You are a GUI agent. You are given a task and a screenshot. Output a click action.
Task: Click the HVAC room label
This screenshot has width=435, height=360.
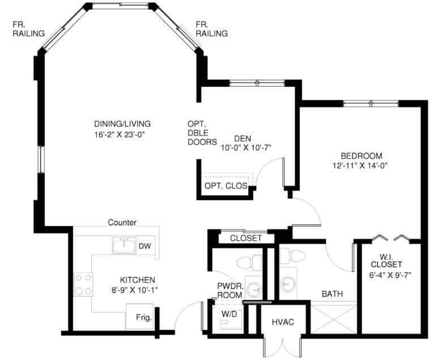(x=283, y=322)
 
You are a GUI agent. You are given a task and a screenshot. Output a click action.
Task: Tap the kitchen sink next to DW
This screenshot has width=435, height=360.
(x=124, y=245)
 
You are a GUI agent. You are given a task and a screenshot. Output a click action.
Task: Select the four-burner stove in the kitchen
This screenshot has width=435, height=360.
(x=83, y=285)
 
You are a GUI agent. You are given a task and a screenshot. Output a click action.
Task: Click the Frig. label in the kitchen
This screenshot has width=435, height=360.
(x=144, y=317)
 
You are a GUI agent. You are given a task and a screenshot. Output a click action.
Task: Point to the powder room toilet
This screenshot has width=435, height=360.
(x=249, y=262)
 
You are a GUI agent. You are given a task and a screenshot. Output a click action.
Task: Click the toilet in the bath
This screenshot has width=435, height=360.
(x=292, y=256)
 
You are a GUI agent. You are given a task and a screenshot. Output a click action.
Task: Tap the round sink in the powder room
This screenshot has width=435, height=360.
(x=254, y=290)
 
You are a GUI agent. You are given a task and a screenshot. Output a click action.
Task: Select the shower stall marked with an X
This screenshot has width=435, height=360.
(x=334, y=319)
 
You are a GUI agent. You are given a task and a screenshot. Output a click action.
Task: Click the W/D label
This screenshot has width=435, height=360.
(x=229, y=314)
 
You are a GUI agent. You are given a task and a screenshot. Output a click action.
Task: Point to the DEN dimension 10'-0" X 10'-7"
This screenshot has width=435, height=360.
(x=246, y=147)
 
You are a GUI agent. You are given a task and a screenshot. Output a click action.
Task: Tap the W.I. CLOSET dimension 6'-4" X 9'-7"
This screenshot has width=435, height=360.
(x=390, y=276)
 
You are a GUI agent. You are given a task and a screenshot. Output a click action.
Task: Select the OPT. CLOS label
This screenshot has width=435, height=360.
(x=226, y=185)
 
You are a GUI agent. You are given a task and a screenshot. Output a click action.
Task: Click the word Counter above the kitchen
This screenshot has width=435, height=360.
(x=122, y=222)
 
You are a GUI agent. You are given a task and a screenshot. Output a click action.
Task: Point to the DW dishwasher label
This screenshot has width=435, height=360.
(x=145, y=246)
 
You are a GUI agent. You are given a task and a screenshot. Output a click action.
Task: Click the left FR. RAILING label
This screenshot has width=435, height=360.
(x=28, y=29)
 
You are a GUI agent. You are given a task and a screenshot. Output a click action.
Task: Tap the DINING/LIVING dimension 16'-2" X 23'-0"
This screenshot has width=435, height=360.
(x=120, y=135)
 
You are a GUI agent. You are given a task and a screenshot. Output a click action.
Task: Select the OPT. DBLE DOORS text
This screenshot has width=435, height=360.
(x=202, y=133)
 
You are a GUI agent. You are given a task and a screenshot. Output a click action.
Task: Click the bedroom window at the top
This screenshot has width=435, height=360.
(x=371, y=104)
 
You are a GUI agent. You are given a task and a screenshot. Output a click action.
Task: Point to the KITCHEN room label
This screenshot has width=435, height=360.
(x=137, y=280)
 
